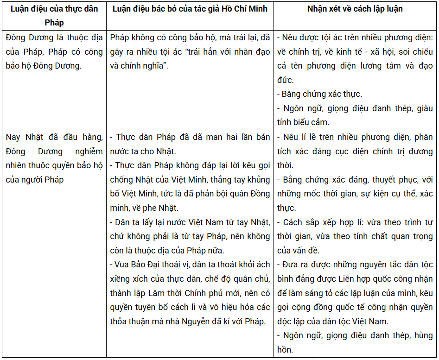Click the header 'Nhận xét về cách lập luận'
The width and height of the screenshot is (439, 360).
click(355, 9)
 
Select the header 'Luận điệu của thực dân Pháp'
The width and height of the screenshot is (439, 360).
click(54, 15)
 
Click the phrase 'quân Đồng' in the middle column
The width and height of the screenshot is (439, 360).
click(252, 194)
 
